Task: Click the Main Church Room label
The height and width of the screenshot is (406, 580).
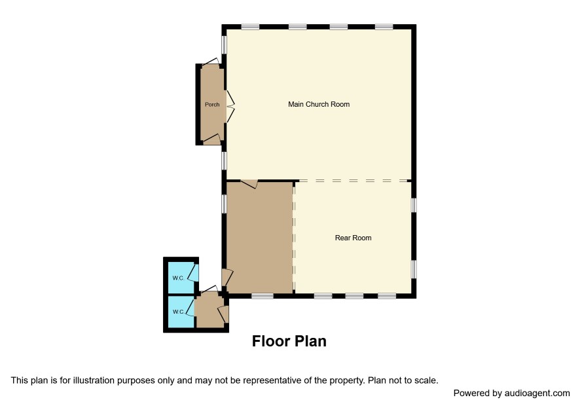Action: [319, 104]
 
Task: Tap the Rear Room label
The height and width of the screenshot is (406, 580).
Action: [353, 238]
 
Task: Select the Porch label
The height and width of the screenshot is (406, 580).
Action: [212, 105]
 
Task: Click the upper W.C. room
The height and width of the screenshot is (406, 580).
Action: [181, 278]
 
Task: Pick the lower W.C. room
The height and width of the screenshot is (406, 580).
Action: [181, 312]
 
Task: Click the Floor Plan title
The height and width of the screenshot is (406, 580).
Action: [289, 341]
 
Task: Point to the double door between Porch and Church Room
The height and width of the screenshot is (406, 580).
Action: [230, 106]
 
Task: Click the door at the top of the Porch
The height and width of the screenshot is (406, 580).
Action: [211, 62]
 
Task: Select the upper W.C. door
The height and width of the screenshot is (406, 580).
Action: [193, 273]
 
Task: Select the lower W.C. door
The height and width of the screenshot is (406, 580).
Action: [190, 308]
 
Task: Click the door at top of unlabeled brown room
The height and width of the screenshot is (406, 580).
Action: [249, 184]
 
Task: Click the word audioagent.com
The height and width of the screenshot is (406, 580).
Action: [537, 394]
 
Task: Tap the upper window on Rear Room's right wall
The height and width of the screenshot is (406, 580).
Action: [414, 205]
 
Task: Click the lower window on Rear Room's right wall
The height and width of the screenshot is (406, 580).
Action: [414, 268]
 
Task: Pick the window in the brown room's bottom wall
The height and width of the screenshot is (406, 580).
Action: [263, 296]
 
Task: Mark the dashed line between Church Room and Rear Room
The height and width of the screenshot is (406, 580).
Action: [353, 181]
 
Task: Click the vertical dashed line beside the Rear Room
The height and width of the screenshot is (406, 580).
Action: [294, 237]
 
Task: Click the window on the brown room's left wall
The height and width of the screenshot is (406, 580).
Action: [224, 204]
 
